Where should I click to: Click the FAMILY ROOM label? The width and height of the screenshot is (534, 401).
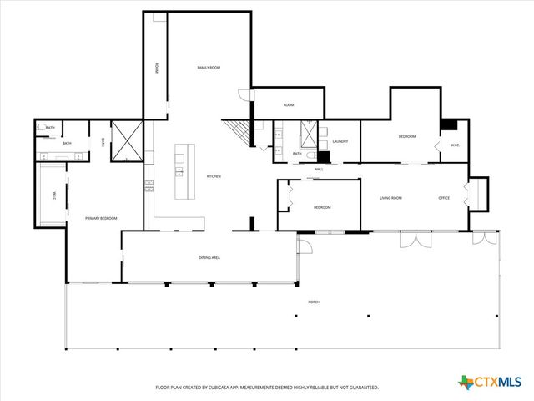208,67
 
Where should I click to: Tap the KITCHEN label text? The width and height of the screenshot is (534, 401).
214,176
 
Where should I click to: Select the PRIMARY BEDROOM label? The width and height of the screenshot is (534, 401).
101,218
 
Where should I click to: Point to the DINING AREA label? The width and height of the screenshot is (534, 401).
209,258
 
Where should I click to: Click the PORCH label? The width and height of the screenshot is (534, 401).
314,302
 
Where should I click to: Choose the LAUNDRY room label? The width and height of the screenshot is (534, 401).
340,141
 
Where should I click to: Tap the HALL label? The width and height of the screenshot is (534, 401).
319,169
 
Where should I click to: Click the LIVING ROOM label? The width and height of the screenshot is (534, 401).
391,198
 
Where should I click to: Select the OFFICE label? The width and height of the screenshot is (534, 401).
444,198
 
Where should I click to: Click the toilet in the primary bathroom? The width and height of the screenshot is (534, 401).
41,127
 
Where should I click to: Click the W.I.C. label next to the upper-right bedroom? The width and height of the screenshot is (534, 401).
455,145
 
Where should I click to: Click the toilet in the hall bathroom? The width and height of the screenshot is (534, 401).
310,155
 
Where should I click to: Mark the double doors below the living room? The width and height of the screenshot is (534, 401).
415,239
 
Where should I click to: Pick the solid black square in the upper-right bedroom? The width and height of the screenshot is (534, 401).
448,124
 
